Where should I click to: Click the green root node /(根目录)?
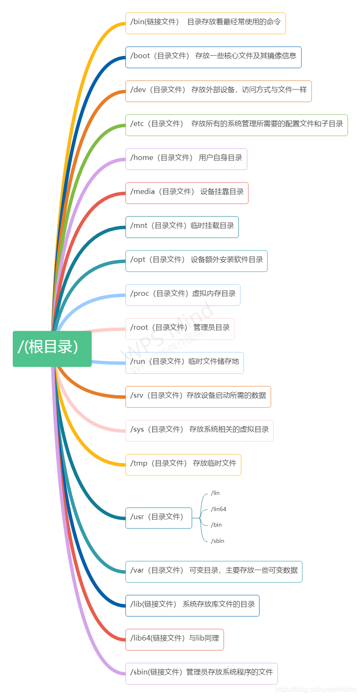[x=52, y=348]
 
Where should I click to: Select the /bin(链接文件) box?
[x=205, y=23]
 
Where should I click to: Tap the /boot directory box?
[x=213, y=57]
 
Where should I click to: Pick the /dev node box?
[x=218, y=91]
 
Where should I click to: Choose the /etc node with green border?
[x=236, y=125]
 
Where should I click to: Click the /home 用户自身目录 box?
[x=186, y=159]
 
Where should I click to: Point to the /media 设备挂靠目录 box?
[x=187, y=193]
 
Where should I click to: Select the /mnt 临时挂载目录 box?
[x=182, y=227]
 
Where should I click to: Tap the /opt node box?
[x=196, y=261]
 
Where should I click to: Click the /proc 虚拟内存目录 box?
[x=183, y=295]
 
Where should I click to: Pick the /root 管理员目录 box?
[x=180, y=329]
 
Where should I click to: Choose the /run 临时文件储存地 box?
[x=184, y=363]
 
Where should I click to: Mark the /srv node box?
[x=198, y=397]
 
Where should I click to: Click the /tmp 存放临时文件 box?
[x=183, y=465]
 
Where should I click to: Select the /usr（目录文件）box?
[x=158, y=518]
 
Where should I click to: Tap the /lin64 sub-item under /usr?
[x=219, y=509]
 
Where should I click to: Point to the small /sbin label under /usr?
[x=217, y=541]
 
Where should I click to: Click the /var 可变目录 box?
[x=214, y=572]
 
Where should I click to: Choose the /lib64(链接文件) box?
[x=174, y=640]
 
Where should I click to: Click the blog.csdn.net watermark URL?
[x=315, y=689]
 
